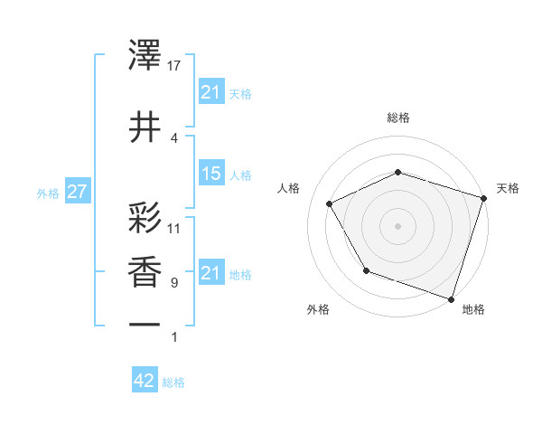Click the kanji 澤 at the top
pos(145,57)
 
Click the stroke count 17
pos(174,65)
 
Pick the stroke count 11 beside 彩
pos(174,228)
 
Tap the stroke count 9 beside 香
pos(174,283)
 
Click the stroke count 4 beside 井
pos(174,137)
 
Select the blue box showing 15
pos(210,174)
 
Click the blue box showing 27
pos(77,193)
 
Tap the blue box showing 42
pos(145,381)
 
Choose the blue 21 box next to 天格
pos(210,92)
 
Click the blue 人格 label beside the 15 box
pos(241,175)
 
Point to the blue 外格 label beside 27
pos(48,194)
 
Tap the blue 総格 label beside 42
pos(173,382)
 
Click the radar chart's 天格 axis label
pos(508,188)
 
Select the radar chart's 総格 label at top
pos(397,118)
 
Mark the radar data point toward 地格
pos(450,298)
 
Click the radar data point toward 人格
pos(329,204)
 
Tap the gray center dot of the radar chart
pos(397,225)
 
